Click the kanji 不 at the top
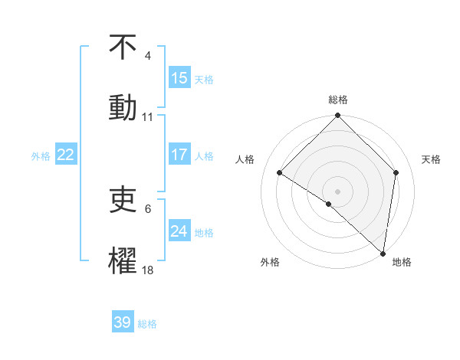coord(123,47)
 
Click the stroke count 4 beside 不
coord(148,56)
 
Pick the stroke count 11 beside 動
coord(148,116)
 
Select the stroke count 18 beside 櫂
coord(148,270)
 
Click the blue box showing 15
coord(179,78)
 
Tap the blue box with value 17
coord(179,155)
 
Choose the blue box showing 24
coord(179,231)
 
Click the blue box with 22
coord(66,155)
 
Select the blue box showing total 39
coord(123,322)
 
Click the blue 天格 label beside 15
coord(204,79)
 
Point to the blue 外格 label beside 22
coord(41,155)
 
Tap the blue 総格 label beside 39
coord(147,323)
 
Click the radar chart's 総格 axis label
coord(338,100)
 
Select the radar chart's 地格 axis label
coord(402,262)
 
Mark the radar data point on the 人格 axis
coord(280,173)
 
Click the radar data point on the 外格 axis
coord(328,205)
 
